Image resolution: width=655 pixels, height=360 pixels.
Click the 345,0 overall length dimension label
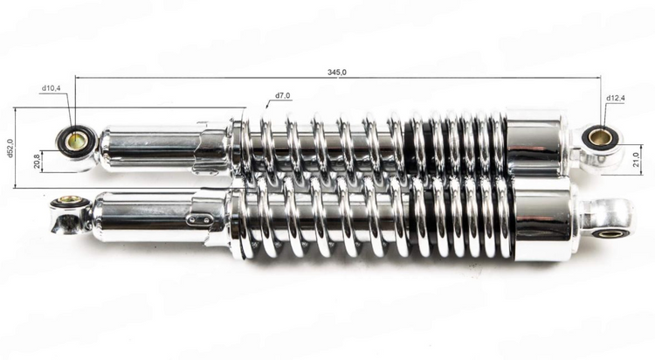[337, 72]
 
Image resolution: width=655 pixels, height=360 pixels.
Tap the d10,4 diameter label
[51, 88]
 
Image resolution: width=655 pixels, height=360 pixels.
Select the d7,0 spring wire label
[283, 96]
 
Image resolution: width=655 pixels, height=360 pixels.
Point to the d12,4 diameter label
[616, 98]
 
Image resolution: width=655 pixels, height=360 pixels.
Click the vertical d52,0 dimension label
[10, 148]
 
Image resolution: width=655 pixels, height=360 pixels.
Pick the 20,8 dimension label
[38, 161]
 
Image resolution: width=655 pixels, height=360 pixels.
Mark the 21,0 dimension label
[636, 159]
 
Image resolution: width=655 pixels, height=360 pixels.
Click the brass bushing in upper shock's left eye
[77, 141]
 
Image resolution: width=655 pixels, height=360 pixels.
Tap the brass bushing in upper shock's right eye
[601, 136]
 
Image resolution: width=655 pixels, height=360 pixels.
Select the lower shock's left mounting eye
[69, 213]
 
